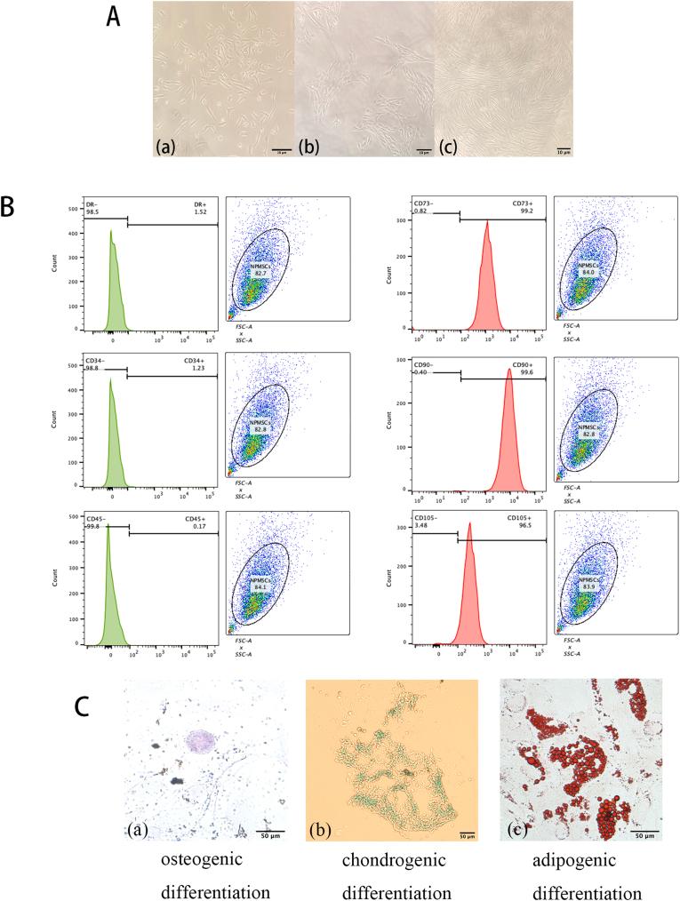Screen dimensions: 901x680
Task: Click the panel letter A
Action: [x=114, y=17]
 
